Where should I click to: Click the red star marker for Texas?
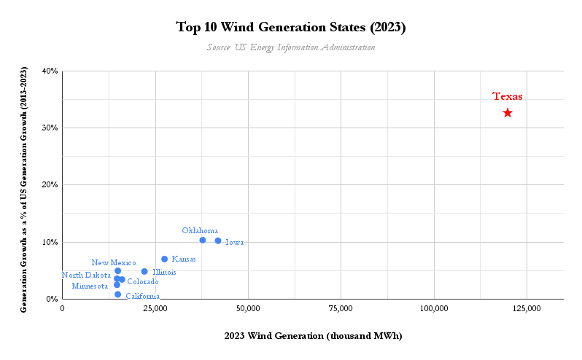[508, 113]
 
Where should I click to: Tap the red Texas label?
[507, 96]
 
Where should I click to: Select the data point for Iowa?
[218, 240]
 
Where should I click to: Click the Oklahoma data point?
[203, 240]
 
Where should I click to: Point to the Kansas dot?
[165, 259]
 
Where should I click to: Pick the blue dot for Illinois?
[144, 272]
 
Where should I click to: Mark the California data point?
[118, 294]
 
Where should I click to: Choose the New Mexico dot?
[118, 271]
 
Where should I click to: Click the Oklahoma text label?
[200, 230]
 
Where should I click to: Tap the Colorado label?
[143, 281]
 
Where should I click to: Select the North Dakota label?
[87, 275]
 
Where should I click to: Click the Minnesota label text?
[90, 286]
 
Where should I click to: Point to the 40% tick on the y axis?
[50, 71]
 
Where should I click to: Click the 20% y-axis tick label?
[50, 185]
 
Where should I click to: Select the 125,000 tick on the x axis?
[527, 309]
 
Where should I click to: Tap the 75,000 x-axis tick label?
[341, 309]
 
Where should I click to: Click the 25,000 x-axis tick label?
[155, 309]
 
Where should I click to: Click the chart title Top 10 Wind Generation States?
[291, 28]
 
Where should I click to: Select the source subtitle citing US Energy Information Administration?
[291, 47]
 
